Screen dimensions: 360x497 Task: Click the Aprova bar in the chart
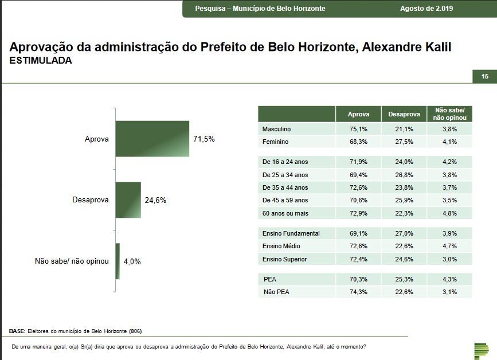pos(152,139)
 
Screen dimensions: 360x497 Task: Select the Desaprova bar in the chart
pos(128,199)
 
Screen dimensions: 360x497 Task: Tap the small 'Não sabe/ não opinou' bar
pos(118,261)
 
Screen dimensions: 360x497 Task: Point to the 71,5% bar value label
pos(204,139)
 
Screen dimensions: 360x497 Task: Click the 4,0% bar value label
pos(132,261)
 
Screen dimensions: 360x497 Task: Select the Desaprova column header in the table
pos(404,114)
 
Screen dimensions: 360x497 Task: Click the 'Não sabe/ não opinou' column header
pos(449,114)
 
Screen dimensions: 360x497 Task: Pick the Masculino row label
pos(277,130)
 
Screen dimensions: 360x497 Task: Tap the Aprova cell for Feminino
pos(358,142)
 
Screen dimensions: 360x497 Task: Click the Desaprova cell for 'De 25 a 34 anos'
pos(404,175)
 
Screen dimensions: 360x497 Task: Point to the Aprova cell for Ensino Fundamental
pos(358,233)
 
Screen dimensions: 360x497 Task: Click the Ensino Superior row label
pos(284,259)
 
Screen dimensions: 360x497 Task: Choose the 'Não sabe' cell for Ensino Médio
pos(449,246)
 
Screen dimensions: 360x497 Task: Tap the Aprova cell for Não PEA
pos(358,292)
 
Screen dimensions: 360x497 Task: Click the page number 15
pos(484,77)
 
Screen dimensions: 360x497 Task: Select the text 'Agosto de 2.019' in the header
pos(426,9)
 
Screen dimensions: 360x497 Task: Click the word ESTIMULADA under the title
pos(41,60)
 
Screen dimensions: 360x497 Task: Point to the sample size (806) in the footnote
pos(135,331)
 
